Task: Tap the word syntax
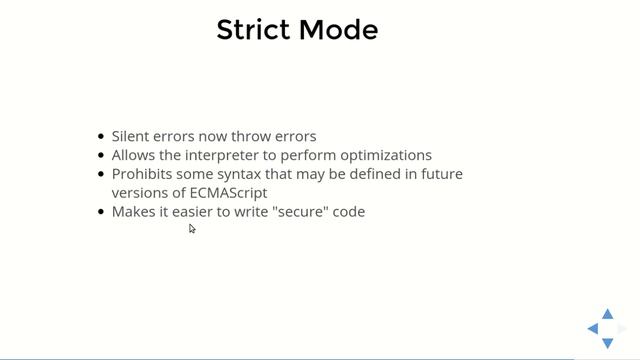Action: (x=240, y=174)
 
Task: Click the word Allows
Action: (x=132, y=155)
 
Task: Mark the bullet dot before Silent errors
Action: (x=101, y=137)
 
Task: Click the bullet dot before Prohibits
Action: (x=101, y=175)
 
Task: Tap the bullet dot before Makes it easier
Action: (x=101, y=212)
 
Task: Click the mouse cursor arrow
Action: (x=192, y=229)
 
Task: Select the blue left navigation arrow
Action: (x=593, y=329)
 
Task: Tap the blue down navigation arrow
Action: (x=607, y=343)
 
